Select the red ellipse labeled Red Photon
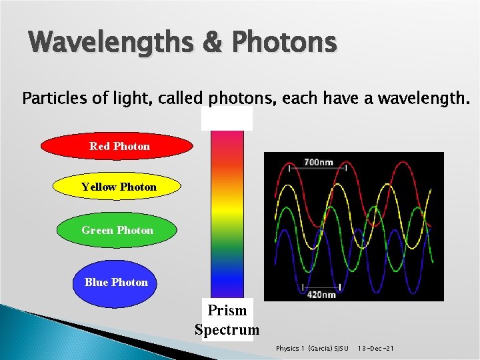[117, 146]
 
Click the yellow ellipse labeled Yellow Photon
[117, 187]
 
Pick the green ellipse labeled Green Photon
[117, 230]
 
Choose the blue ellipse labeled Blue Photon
[116, 283]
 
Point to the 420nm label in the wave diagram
[321, 294]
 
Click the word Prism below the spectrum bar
[227, 311]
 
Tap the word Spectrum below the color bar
[227, 329]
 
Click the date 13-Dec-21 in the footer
[375, 349]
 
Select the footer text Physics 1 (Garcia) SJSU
[312, 349]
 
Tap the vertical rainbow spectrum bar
[227, 213]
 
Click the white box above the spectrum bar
[227, 119]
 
